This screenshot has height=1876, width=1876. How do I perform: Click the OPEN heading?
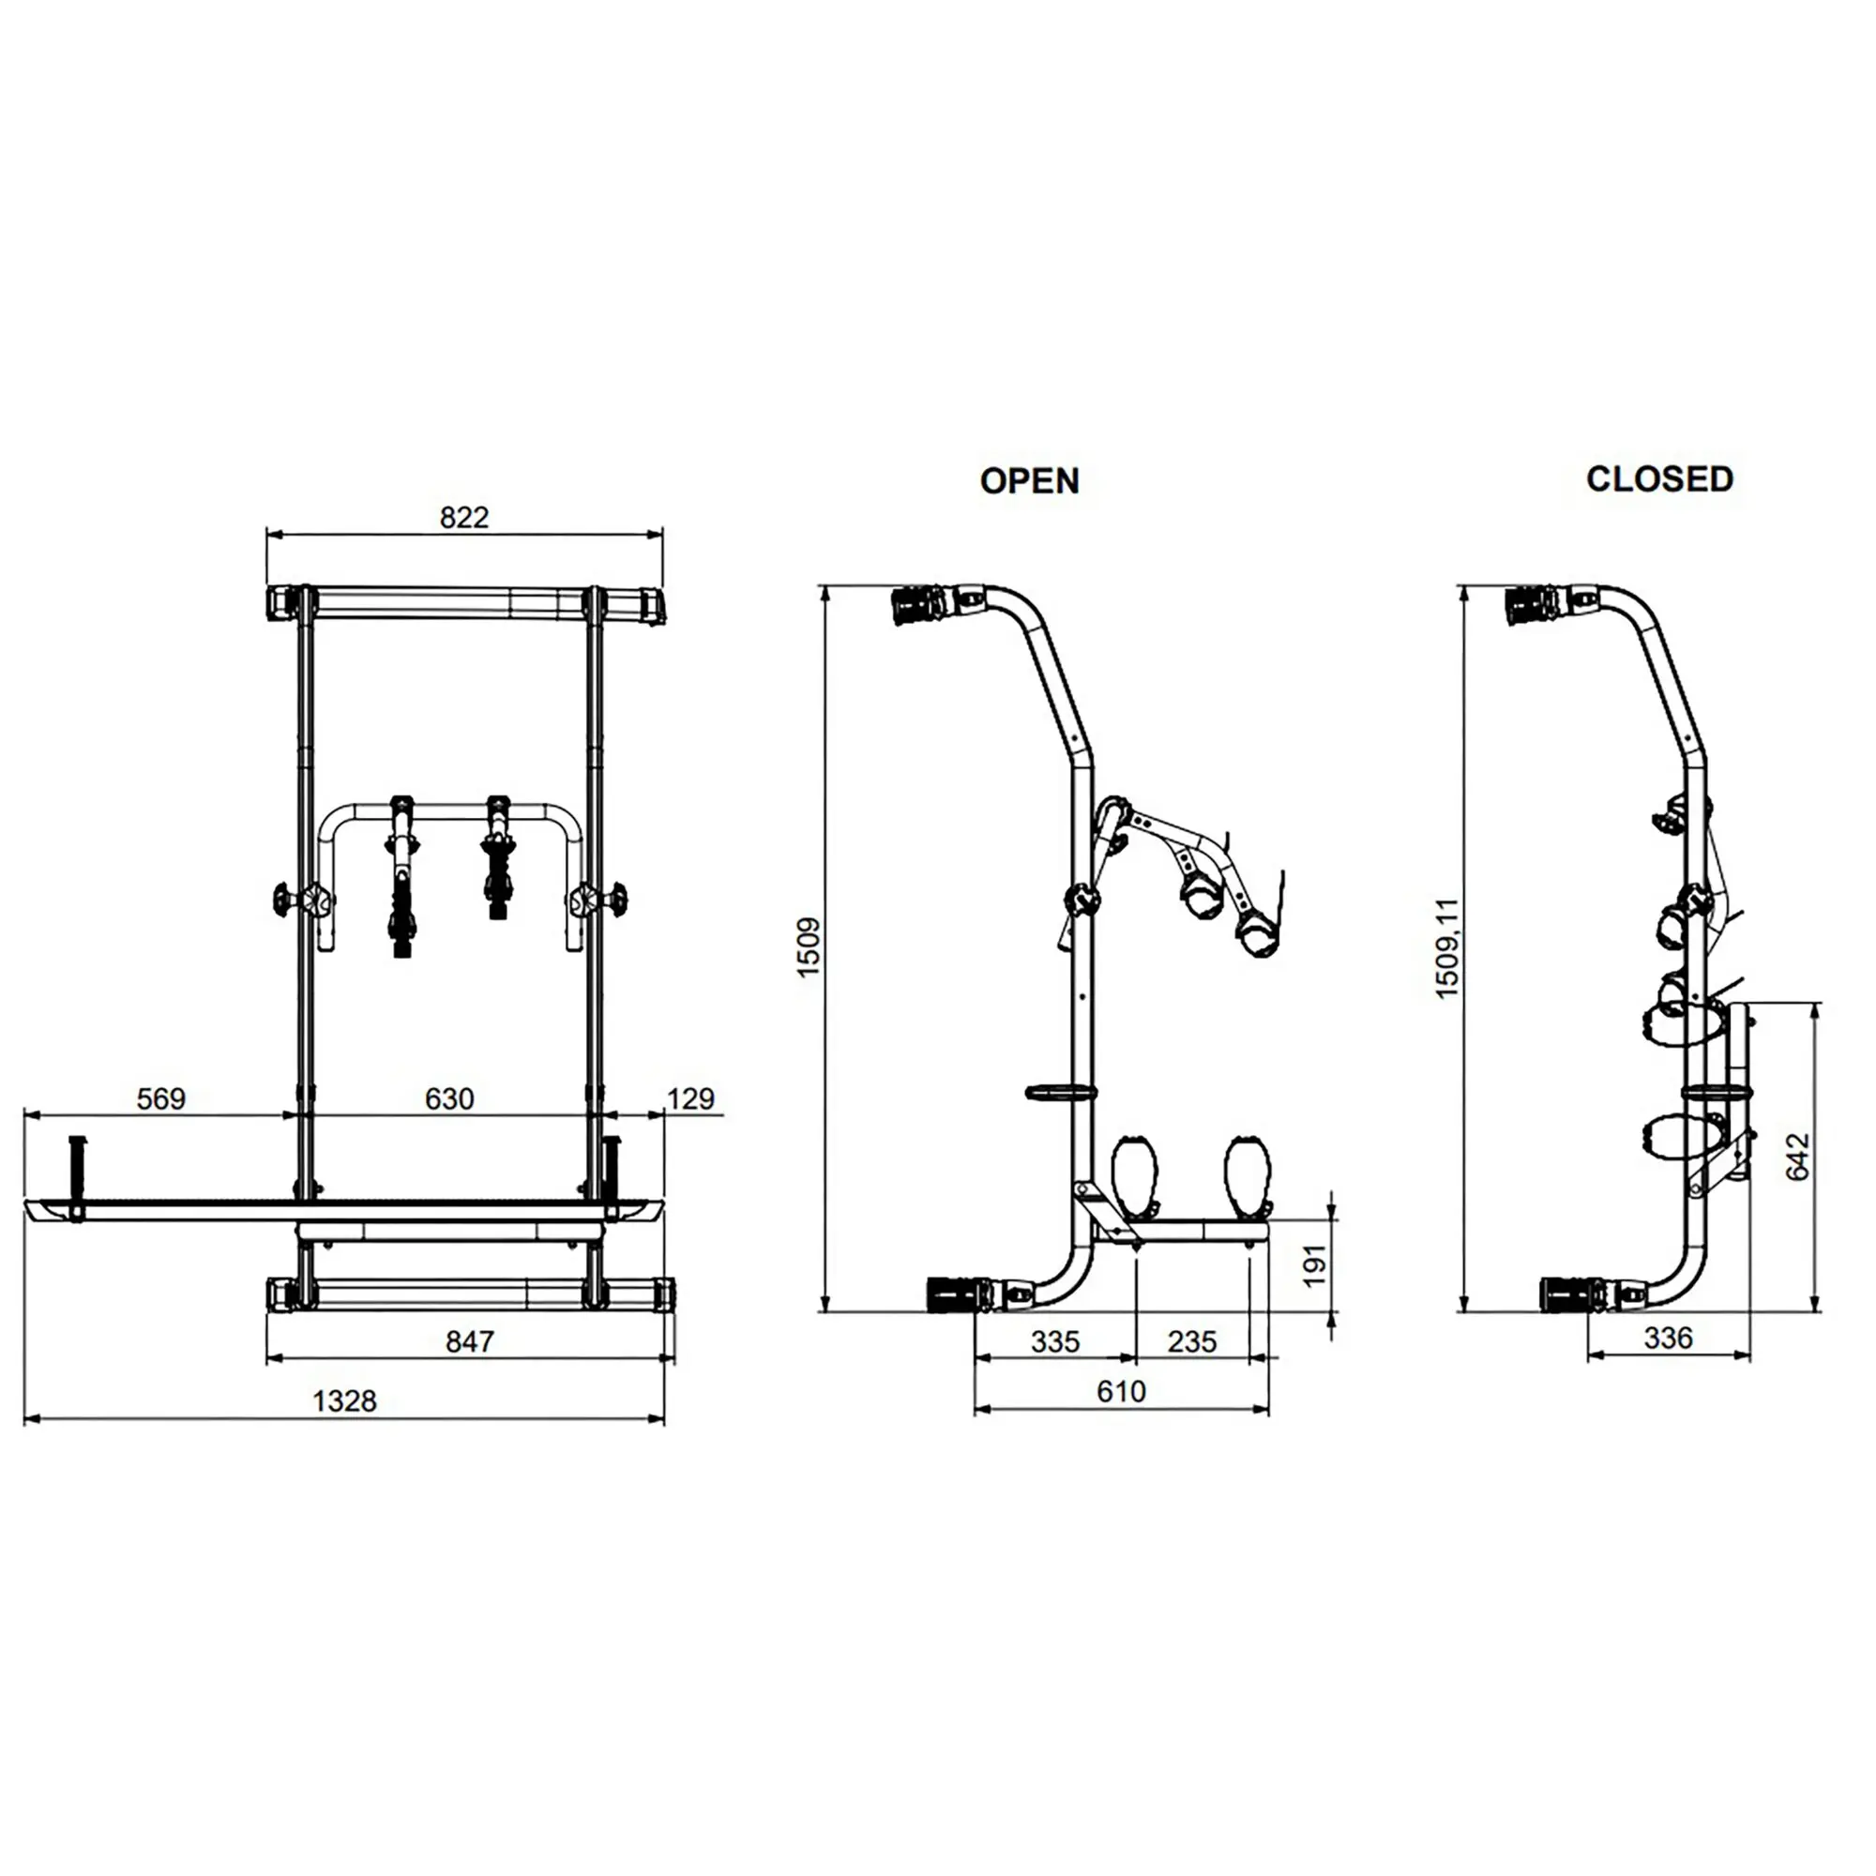(x=1029, y=480)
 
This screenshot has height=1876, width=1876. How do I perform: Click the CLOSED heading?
(x=1659, y=478)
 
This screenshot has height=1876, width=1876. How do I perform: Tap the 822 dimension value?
(x=464, y=518)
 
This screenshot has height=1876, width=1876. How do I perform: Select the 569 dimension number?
(x=161, y=1098)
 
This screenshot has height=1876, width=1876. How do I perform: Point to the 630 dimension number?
(x=449, y=1098)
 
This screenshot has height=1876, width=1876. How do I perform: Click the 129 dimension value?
(x=691, y=1098)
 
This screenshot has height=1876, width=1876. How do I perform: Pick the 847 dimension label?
(x=470, y=1341)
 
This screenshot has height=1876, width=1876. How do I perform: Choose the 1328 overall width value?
(x=344, y=1400)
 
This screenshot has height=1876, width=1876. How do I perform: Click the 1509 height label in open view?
(x=808, y=947)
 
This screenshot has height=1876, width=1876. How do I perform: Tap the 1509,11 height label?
(x=1446, y=947)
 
